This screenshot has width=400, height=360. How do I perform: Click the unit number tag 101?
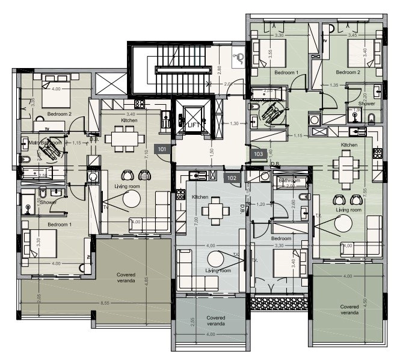pos(162,148)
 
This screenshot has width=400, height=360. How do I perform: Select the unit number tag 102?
pos(232,178)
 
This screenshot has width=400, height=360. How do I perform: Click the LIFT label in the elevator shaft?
pos(193,125)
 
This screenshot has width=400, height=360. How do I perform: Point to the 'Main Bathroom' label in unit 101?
pos(45,143)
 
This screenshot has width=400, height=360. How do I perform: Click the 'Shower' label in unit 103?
pos(367,104)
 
